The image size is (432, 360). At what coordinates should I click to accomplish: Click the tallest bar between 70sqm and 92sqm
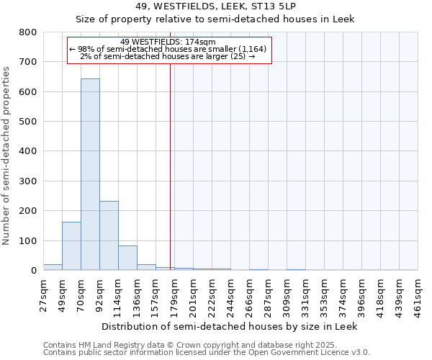90,174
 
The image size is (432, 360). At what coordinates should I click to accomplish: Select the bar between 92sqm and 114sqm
109,235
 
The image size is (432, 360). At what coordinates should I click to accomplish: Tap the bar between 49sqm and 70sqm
71,246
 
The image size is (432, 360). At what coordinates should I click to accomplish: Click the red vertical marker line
170,166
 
